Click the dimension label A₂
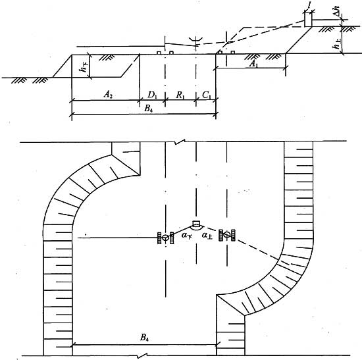click(x=108, y=95)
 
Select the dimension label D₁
click(x=152, y=95)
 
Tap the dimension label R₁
click(x=180, y=95)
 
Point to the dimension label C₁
click(x=207, y=95)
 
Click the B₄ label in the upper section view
click(x=149, y=109)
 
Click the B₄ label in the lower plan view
click(x=144, y=338)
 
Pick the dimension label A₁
click(x=253, y=63)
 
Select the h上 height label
click(x=337, y=44)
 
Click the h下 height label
click(x=84, y=66)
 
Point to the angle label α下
click(x=186, y=236)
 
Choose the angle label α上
click(x=207, y=236)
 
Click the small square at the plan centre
click(x=196, y=224)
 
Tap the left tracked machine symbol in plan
click(x=165, y=238)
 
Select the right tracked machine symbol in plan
click(x=227, y=235)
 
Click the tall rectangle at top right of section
click(x=308, y=19)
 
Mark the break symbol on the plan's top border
click(x=180, y=141)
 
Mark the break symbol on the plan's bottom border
click(x=142, y=355)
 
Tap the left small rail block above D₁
click(x=159, y=53)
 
